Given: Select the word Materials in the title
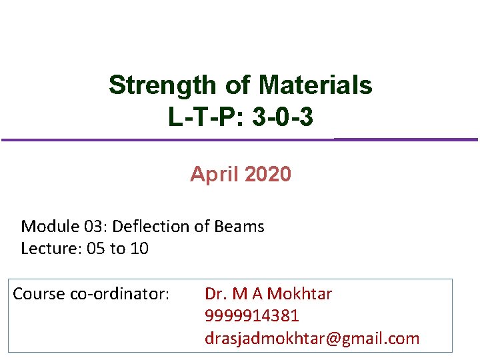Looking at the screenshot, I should (315, 85).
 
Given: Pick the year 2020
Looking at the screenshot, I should (267, 175).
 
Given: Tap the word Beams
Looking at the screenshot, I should (239, 227).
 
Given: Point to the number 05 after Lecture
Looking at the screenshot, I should (96, 249).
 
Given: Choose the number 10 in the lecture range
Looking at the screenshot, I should (139, 249).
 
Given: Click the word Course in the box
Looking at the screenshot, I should (39, 294).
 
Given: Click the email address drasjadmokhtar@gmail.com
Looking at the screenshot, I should (312, 339).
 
